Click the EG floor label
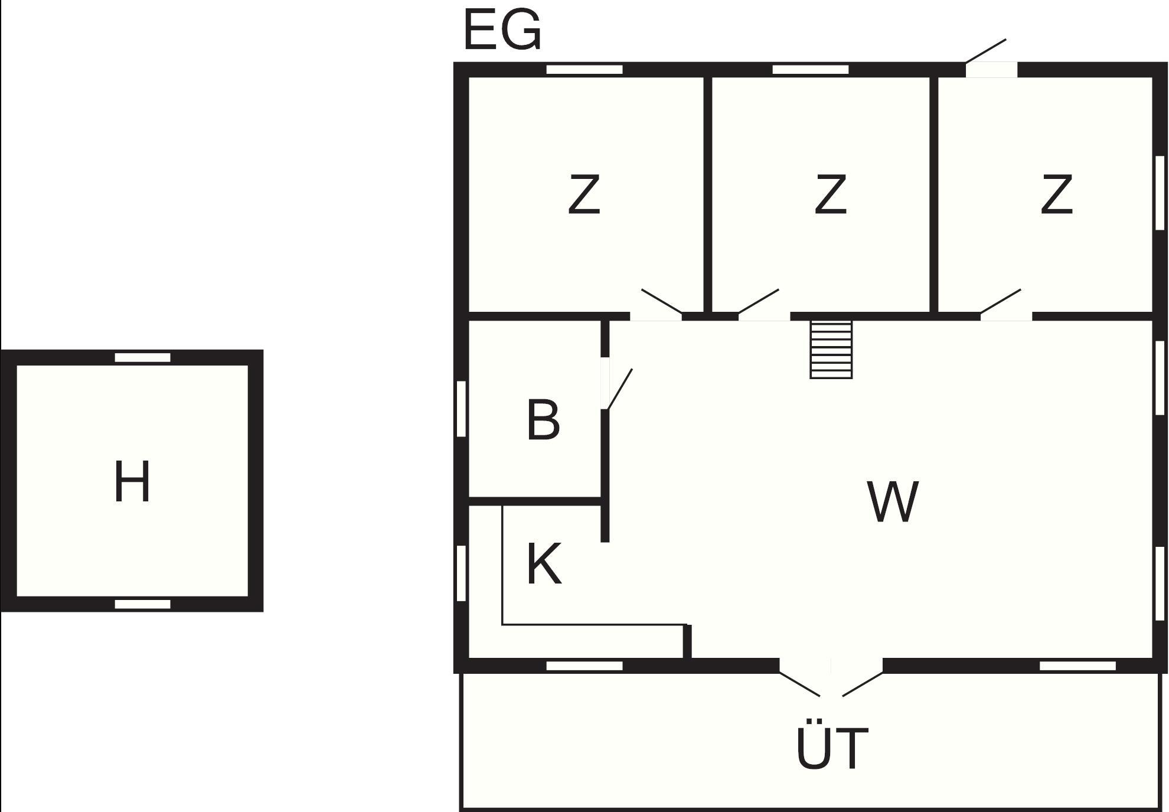pyautogui.click(x=502, y=31)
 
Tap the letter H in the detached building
pyautogui.click(x=132, y=482)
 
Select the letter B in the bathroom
pyautogui.click(x=543, y=420)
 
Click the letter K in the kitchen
pyautogui.click(x=543, y=564)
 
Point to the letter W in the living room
pyautogui.click(x=893, y=501)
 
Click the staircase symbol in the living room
pyautogui.click(x=831, y=350)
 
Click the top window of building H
pyautogui.click(x=142, y=357)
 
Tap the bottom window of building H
pyautogui.click(x=142, y=604)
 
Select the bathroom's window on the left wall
pyautogui.click(x=461, y=409)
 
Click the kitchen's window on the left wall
pyautogui.click(x=461, y=573)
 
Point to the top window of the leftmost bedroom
pyautogui.click(x=584, y=70)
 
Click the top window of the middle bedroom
pyautogui.click(x=810, y=70)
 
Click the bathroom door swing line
pyautogui.click(x=620, y=389)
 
